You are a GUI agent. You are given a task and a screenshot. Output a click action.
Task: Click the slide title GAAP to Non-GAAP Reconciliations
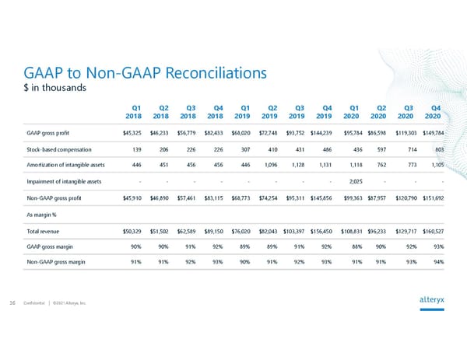tap(146, 72)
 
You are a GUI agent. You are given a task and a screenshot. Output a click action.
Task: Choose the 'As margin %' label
tap(44, 215)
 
